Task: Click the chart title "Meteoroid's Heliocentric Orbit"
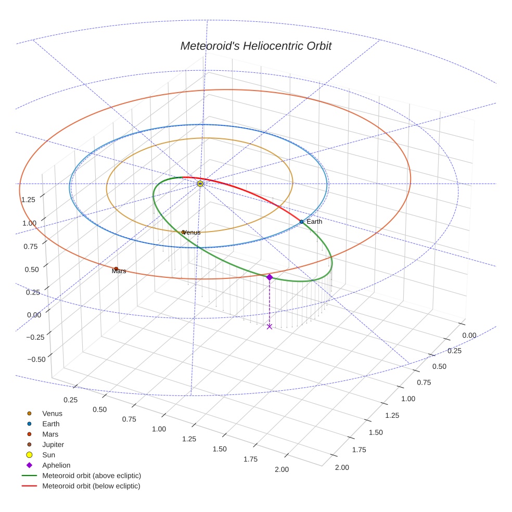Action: (255, 46)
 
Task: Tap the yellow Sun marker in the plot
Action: (200, 184)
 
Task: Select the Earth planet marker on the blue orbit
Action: (301, 222)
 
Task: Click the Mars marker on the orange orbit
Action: (116, 269)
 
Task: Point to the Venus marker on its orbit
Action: (183, 232)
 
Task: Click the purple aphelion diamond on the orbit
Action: (269, 277)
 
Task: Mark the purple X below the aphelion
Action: (269, 326)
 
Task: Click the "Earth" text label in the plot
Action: (314, 222)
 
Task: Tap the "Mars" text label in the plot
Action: (119, 272)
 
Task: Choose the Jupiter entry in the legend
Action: (53, 444)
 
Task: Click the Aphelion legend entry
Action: (56, 465)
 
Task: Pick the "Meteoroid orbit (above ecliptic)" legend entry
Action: (91, 476)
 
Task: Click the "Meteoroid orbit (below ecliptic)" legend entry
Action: (91, 486)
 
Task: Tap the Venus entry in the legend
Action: (52, 413)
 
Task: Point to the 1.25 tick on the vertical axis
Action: (28, 199)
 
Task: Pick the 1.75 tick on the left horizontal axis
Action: (250, 459)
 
